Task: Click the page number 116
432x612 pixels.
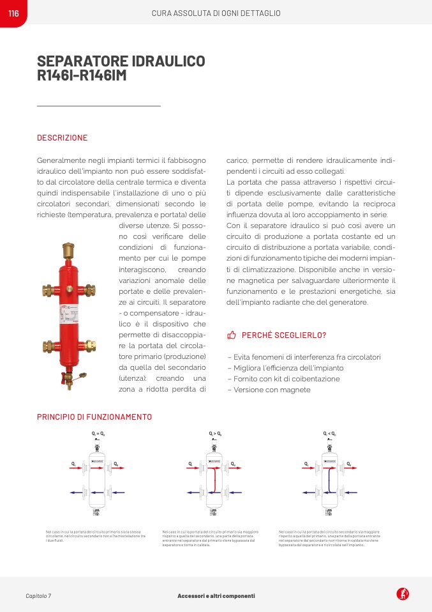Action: (x=13, y=13)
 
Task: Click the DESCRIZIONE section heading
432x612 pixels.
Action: (x=62, y=138)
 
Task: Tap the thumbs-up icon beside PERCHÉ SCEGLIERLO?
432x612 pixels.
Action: (x=232, y=335)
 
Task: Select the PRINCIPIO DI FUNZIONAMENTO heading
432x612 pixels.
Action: (x=94, y=417)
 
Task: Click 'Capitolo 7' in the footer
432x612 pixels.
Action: (x=38, y=596)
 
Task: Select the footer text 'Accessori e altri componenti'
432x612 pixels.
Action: (x=216, y=596)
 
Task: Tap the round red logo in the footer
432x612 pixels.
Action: (x=403, y=594)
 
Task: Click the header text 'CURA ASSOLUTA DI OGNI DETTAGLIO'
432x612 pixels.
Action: (x=216, y=13)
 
